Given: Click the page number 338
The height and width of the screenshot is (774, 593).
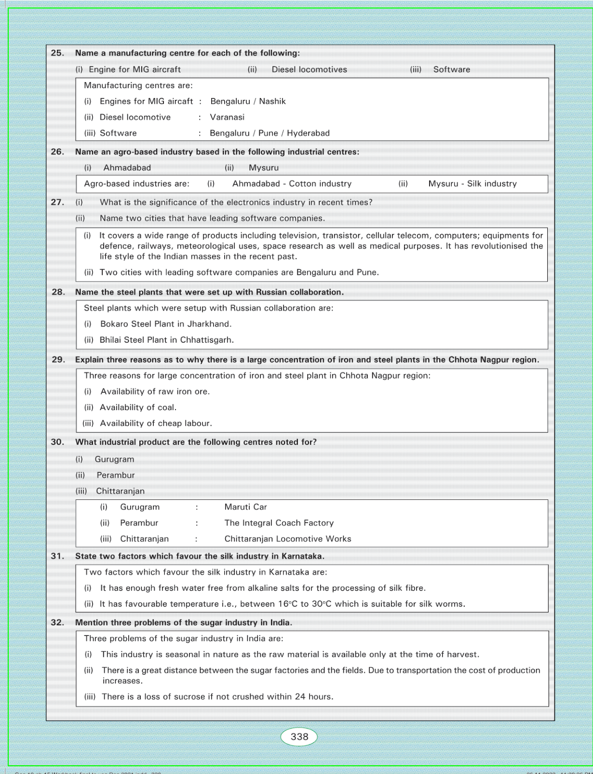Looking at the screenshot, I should (x=299, y=737).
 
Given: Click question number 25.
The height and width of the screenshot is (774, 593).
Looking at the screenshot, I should (x=57, y=53).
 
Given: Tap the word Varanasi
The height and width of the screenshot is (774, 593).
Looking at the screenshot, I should (x=227, y=117).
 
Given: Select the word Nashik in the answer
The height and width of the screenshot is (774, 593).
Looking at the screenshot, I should (x=272, y=101).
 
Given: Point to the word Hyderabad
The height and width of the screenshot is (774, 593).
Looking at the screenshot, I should (x=308, y=133).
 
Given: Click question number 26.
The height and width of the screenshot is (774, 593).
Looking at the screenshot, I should (x=57, y=152).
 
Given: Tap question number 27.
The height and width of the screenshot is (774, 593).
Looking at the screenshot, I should (x=57, y=203).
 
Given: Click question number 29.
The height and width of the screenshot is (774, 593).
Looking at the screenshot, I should (x=58, y=360).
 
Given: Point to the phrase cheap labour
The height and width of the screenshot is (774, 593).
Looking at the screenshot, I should (x=188, y=424).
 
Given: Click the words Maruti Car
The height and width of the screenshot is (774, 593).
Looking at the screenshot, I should (x=245, y=507).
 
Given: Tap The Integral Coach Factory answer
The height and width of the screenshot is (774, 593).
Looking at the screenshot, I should (x=279, y=523).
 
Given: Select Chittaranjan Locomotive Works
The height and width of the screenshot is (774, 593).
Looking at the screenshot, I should (x=287, y=539).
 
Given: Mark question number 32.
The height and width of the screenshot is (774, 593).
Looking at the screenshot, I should (x=57, y=623).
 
